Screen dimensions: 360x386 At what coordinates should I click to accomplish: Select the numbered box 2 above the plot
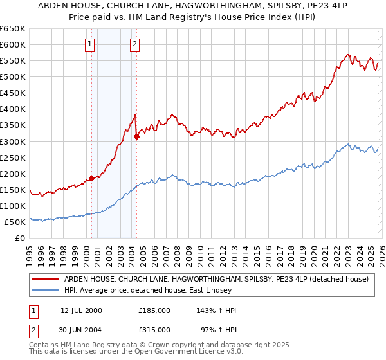tap(134, 44)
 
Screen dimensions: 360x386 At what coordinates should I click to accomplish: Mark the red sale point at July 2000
tap(92, 178)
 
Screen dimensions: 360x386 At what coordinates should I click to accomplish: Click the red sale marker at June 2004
tap(137, 136)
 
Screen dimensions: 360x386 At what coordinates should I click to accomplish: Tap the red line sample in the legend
tap(46, 279)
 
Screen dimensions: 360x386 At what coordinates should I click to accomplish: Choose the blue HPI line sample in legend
tap(46, 290)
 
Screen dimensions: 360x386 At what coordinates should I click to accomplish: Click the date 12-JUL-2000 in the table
tap(81, 310)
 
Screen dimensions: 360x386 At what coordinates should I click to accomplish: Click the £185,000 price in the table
tap(154, 310)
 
